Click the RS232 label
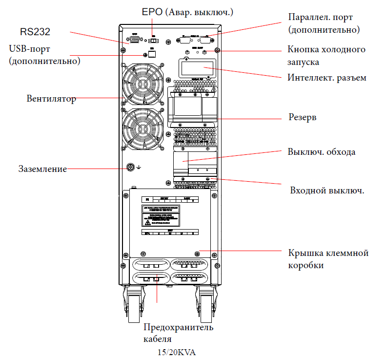(x=35, y=32)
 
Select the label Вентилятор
(x=51, y=99)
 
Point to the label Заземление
(x=42, y=169)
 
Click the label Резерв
(x=302, y=118)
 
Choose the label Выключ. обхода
(x=321, y=151)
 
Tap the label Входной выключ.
(x=327, y=190)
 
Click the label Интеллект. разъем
(x=326, y=78)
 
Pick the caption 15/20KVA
(x=176, y=352)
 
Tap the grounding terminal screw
(x=131, y=168)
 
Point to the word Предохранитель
(x=178, y=327)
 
